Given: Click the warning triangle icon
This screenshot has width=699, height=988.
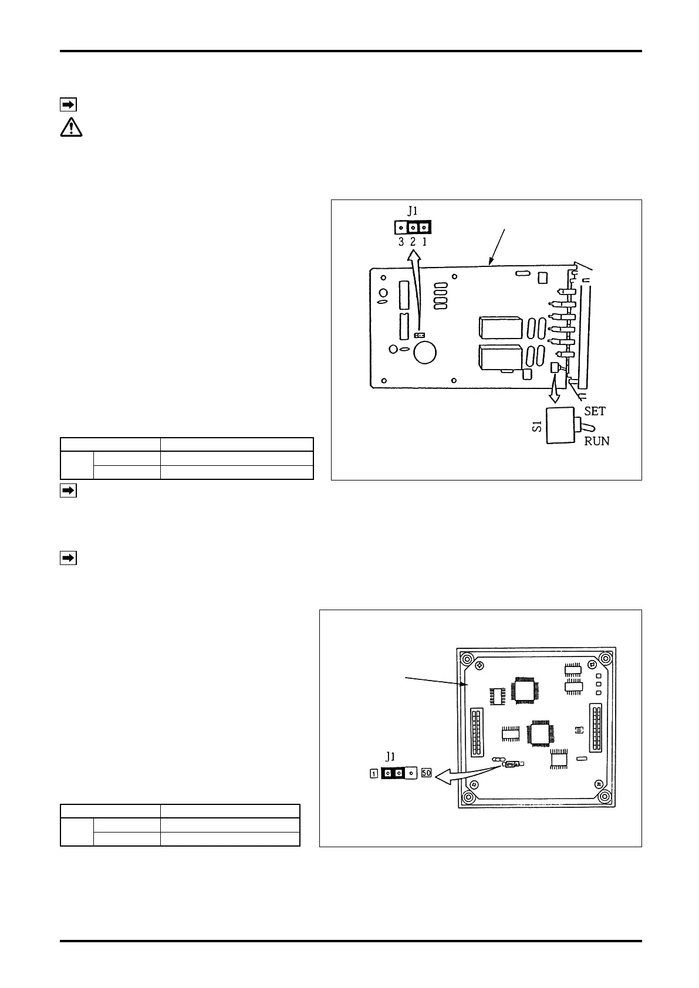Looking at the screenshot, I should [x=71, y=127].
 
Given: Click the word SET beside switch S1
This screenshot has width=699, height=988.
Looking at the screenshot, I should [x=595, y=411].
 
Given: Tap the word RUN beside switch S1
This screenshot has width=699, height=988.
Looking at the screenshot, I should [x=596, y=441].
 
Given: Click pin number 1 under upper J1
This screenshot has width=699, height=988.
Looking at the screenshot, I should [x=424, y=241].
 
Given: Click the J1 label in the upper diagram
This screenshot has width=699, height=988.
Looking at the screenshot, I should [x=413, y=212].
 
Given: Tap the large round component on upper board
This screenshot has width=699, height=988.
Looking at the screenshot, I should [x=424, y=353].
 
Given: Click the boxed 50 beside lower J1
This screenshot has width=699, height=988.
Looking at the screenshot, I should [x=427, y=773].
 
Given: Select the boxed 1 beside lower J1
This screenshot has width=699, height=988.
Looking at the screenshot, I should [x=374, y=773].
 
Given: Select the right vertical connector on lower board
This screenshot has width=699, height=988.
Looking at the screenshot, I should [x=598, y=728].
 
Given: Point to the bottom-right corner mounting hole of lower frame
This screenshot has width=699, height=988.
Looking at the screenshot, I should [x=605, y=798].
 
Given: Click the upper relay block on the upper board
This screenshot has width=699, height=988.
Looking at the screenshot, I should [x=501, y=328].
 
